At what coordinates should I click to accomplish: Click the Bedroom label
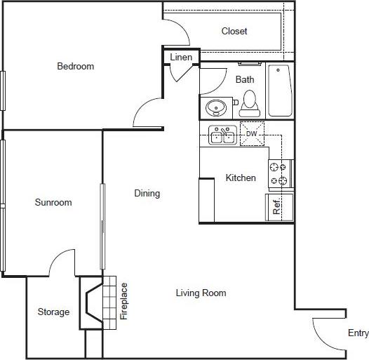pos(75,67)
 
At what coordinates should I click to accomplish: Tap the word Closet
pos(234,32)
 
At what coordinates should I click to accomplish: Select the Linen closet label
pos(181,57)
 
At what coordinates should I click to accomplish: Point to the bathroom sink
pos(215,108)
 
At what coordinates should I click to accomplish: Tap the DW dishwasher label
pos(250,133)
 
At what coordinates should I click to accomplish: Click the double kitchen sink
pos(223,134)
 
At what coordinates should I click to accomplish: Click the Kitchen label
pos(240,178)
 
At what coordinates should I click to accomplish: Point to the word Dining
pos(147,194)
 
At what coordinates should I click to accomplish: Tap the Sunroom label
pos(53,203)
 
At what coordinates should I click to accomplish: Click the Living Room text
pos(201,293)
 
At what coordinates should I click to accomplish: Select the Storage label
pos(53,312)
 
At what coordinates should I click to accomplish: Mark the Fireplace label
pos(124,301)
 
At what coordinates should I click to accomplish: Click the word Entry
pos(358,333)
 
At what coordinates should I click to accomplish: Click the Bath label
pos(245,79)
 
